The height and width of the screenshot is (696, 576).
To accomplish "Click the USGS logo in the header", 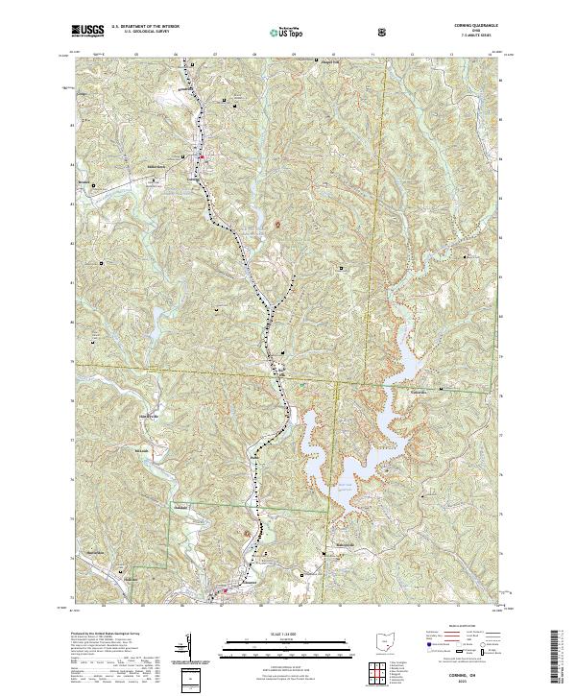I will (88, 31).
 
